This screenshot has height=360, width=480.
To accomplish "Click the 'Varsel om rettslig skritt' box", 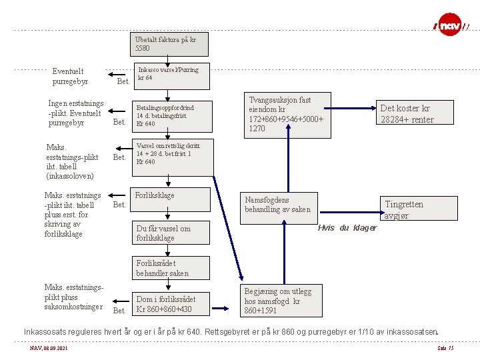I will (x=172, y=154).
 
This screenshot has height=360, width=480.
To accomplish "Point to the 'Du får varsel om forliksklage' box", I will (x=171, y=233).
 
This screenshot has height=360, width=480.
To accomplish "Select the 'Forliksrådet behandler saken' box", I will (x=171, y=268).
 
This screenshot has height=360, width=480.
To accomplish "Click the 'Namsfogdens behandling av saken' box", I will (x=277, y=205).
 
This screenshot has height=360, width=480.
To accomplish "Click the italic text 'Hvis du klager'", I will (x=347, y=228).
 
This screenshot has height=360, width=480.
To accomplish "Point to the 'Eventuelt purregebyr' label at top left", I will (x=68, y=76).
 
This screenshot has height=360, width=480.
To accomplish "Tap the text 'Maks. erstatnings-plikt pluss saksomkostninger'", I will (x=73, y=297).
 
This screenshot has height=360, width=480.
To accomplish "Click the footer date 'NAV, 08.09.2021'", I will (x=49, y=347).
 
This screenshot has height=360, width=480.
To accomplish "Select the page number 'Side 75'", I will (x=445, y=347).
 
